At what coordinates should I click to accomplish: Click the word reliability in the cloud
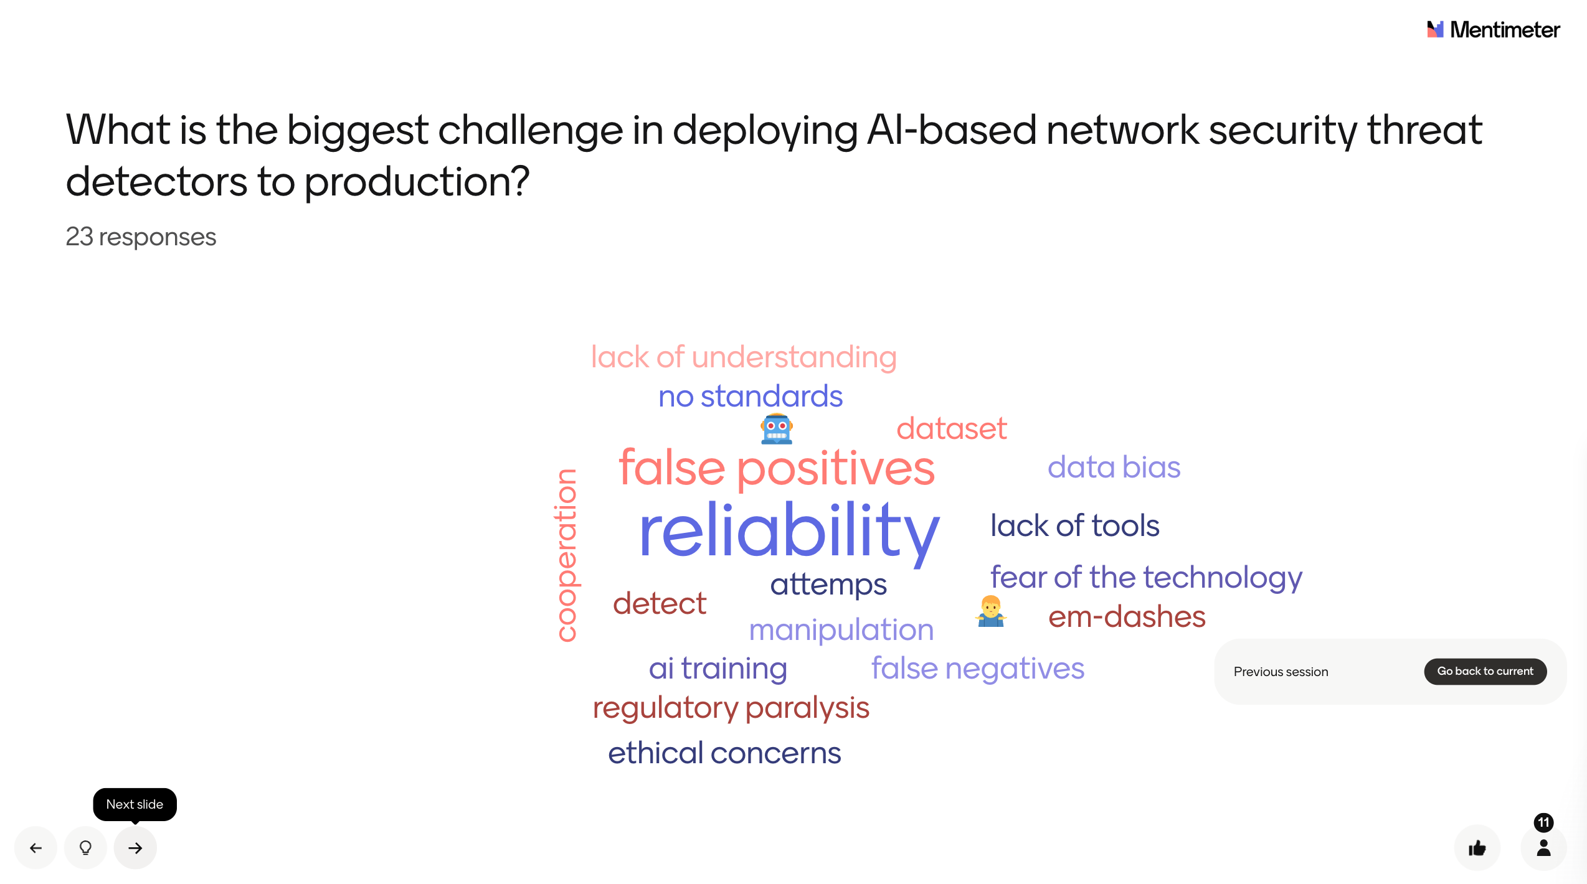coord(789,532)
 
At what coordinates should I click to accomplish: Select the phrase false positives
coord(777,468)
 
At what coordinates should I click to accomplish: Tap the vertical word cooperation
coord(566,555)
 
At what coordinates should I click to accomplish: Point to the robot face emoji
coord(777,429)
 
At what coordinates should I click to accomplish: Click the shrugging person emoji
coord(990,611)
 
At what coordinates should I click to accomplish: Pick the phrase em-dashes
coord(1127,616)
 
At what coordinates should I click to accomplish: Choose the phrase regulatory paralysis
coord(731,708)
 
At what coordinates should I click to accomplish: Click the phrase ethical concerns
coord(724,753)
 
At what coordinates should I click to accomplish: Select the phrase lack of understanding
coord(744,357)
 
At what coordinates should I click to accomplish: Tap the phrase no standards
coord(751,397)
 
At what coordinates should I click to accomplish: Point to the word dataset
coord(951,428)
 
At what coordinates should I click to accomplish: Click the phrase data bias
coord(1114,467)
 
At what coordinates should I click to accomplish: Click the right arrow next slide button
coord(135,847)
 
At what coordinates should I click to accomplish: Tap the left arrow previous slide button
coord(36,847)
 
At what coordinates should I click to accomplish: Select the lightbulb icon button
coord(85,847)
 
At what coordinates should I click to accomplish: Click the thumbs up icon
coord(1477,848)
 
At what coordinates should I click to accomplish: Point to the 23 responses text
coord(141,237)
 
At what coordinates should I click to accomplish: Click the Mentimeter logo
coord(1493,29)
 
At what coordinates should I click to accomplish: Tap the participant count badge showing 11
coord(1543,822)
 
